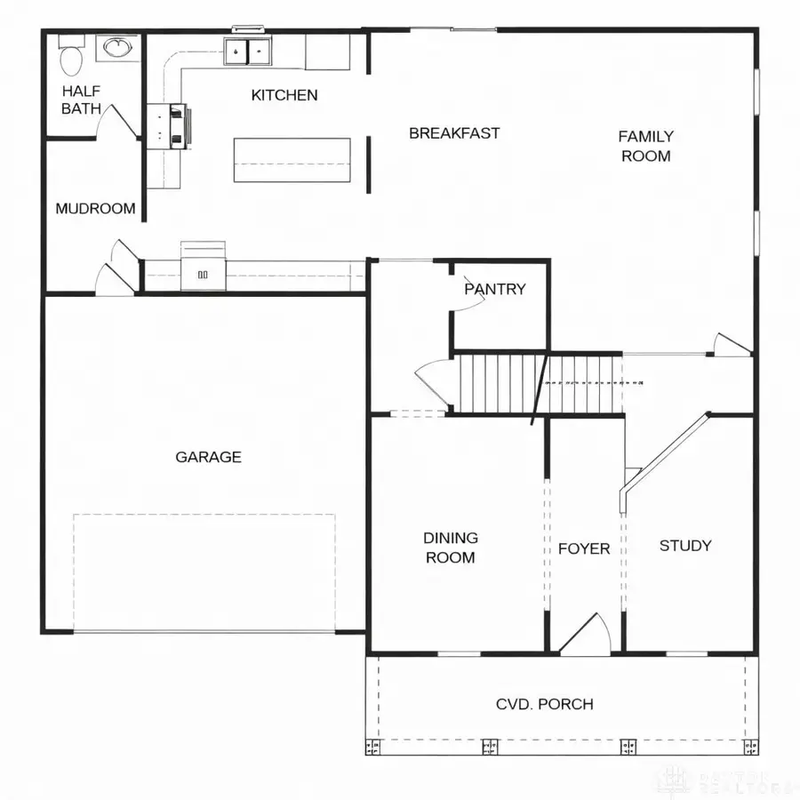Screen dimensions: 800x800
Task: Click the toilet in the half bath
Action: (x=70, y=59)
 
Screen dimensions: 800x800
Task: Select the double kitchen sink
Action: (x=248, y=52)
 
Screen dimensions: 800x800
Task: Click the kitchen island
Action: (x=292, y=160)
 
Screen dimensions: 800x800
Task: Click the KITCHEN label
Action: (x=284, y=95)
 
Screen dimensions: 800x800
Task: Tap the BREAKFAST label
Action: (x=454, y=133)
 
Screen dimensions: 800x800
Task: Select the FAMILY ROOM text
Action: (x=645, y=146)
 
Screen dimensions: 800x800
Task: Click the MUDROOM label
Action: (x=95, y=209)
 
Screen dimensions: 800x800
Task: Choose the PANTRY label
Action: (x=495, y=289)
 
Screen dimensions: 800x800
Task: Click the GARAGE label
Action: (x=208, y=457)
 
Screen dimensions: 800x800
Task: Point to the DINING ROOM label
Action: (x=450, y=548)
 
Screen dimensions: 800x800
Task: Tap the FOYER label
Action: (x=584, y=548)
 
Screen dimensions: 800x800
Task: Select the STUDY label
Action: (x=684, y=546)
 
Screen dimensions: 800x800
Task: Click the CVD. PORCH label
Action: (x=544, y=704)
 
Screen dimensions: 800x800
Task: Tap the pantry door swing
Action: (x=468, y=301)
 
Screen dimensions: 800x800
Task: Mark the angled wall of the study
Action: (x=667, y=453)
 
